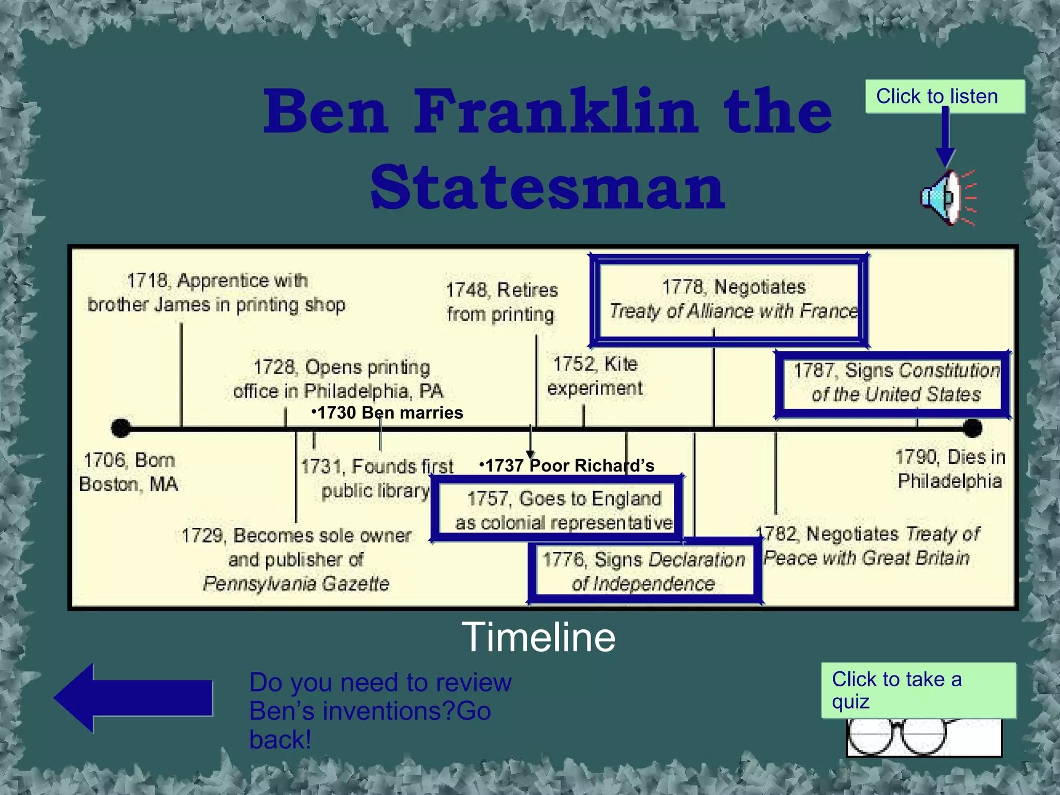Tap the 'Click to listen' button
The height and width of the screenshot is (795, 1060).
(x=945, y=97)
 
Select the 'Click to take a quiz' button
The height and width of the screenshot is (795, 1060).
(x=918, y=690)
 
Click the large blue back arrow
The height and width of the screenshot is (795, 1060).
(x=133, y=698)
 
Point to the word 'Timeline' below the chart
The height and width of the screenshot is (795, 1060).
(x=538, y=637)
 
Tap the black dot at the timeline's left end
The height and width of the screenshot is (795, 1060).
(x=121, y=428)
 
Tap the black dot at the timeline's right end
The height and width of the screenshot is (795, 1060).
(x=972, y=428)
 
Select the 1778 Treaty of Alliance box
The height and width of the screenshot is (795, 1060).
(x=729, y=300)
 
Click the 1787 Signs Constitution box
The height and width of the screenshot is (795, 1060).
(x=892, y=384)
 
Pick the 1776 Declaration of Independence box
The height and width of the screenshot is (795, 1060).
(x=644, y=572)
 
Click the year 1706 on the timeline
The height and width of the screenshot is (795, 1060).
(x=105, y=460)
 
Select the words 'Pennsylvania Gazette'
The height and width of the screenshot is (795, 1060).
(x=296, y=584)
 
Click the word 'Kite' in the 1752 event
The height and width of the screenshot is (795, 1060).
(x=621, y=364)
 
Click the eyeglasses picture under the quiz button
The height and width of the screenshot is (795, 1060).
(x=924, y=738)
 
